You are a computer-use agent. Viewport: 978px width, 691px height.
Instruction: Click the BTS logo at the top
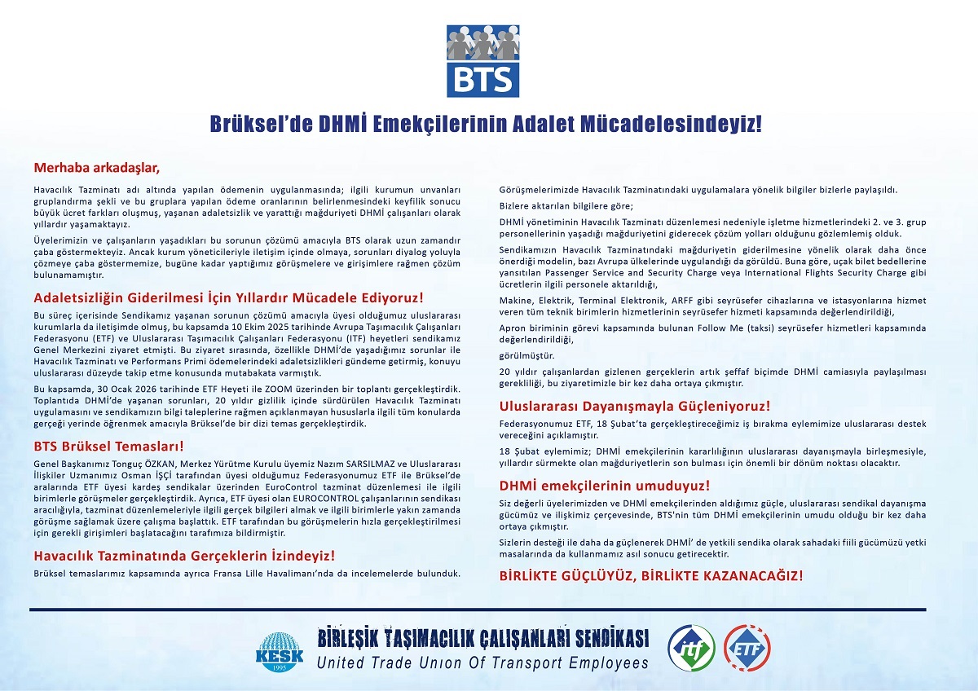[482, 60]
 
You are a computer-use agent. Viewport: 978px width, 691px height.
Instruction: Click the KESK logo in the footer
[280, 649]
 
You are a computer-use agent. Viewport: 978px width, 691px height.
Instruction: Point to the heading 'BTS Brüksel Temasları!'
[108, 446]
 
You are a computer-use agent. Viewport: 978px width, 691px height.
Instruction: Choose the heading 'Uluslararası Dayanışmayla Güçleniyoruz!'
[634, 406]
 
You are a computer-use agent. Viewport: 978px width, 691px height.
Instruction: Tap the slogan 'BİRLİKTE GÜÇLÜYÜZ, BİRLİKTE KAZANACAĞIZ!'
[650, 574]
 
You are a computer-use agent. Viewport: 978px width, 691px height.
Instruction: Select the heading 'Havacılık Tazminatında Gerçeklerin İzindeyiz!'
[184, 556]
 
